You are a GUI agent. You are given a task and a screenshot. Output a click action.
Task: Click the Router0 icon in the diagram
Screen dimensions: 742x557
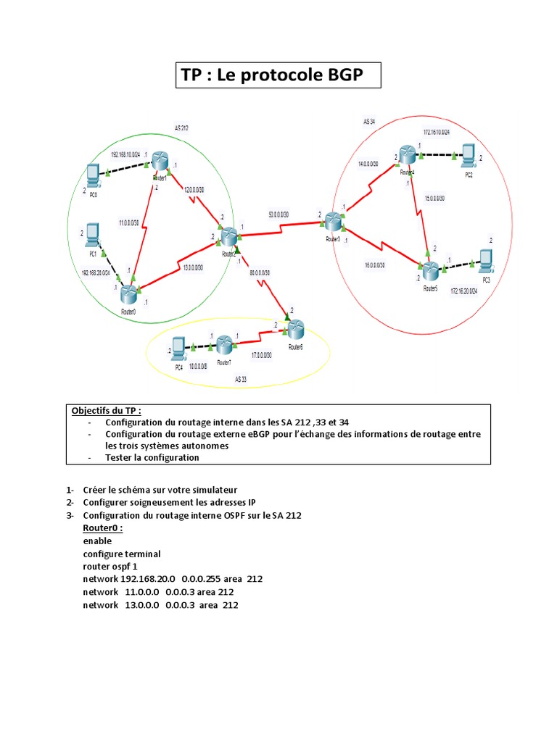point(129,293)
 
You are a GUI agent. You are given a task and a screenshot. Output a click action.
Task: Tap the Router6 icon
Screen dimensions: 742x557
point(296,330)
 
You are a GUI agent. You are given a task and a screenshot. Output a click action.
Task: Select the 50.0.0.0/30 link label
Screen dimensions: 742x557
point(278,214)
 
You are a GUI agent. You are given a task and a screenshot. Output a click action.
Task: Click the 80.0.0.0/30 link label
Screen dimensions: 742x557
point(259,273)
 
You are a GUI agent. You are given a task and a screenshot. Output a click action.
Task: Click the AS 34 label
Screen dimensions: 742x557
point(369,122)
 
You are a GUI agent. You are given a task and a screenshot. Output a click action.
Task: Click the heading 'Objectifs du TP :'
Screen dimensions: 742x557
point(112,410)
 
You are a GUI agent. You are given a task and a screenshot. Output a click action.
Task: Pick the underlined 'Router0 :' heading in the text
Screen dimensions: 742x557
point(103,528)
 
